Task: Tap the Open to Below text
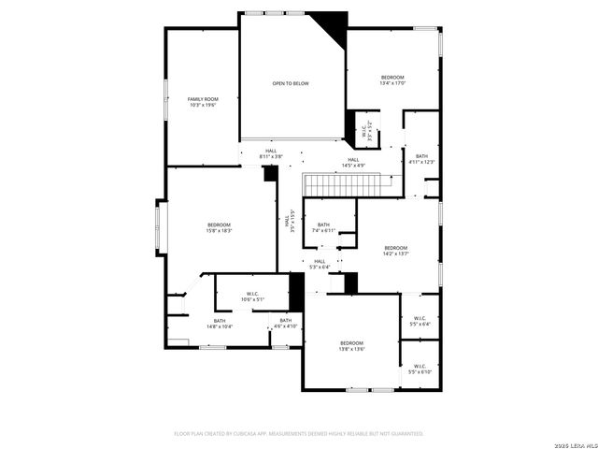291,84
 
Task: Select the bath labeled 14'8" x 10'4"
219,323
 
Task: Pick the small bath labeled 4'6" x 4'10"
285,323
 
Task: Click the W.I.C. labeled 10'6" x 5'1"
252,297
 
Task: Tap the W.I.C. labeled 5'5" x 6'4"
419,321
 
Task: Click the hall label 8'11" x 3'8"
271,153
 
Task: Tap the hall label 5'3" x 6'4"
320,264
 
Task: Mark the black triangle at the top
332,23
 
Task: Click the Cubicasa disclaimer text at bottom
299,434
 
